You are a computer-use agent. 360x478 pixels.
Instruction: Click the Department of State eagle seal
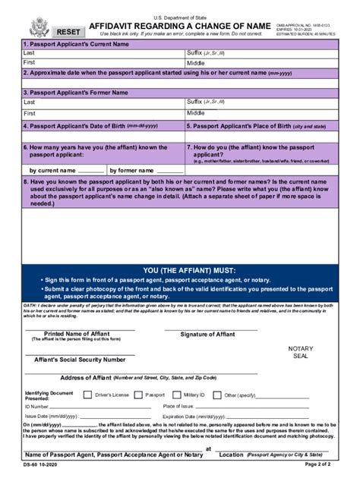[x=39, y=28]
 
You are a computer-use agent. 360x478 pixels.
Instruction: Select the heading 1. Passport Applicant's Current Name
[x=76, y=45]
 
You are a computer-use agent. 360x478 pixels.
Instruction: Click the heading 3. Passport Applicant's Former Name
[x=75, y=92]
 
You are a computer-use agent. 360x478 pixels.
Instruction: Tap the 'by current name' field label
[x=53, y=171]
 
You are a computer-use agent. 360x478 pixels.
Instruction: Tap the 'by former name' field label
[x=133, y=171]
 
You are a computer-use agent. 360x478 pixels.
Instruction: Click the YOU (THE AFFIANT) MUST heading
[x=179, y=270]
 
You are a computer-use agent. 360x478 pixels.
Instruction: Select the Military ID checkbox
[x=177, y=395]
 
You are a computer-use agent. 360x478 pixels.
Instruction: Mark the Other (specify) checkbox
[x=219, y=395]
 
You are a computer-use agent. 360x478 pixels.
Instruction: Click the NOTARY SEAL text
[x=300, y=353]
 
